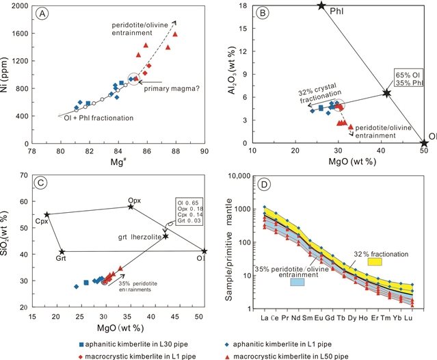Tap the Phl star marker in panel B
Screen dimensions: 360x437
(321, 5)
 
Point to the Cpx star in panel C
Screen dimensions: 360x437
(47, 214)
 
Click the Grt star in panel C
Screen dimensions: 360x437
(62, 252)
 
